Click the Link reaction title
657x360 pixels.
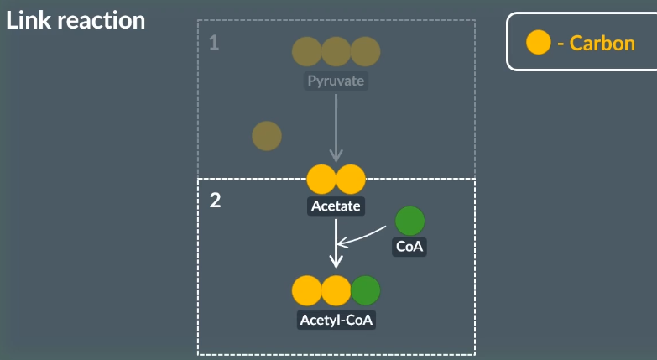point(76,20)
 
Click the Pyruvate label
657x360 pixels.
point(336,82)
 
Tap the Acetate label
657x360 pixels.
point(336,206)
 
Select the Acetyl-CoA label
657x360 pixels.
point(336,320)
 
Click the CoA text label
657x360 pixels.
point(409,247)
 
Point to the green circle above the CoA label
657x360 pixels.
point(409,221)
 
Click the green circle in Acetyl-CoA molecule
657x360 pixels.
point(365,290)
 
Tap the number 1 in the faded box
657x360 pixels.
point(214,42)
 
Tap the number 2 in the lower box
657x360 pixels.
point(215,201)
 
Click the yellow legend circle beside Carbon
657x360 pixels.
point(538,42)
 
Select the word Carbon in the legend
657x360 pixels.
point(602,43)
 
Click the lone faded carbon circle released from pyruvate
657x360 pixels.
point(267,135)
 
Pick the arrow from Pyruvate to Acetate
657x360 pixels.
point(336,126)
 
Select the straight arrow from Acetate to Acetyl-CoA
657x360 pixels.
point(336,243)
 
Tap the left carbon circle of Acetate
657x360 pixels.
point(321,179)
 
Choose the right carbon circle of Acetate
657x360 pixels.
point(351,179)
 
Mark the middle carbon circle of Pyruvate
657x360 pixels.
point(336,52)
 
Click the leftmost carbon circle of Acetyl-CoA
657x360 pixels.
point(306,290)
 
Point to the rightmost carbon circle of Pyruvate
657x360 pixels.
point(365,52)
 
